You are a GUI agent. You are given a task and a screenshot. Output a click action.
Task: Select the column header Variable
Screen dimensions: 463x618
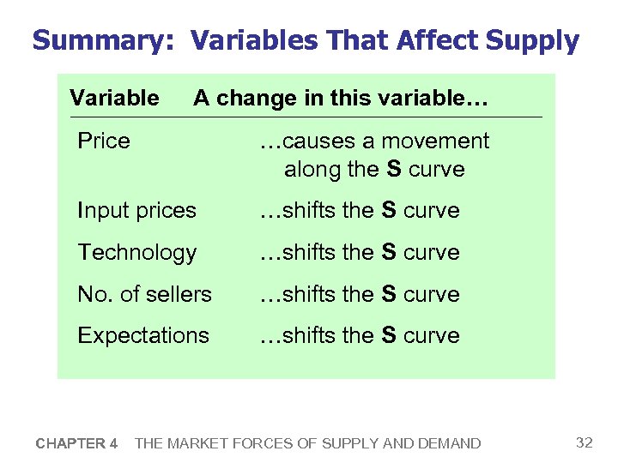[114, 98]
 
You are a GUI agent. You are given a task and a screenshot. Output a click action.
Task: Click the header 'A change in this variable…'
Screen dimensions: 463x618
[341, 98]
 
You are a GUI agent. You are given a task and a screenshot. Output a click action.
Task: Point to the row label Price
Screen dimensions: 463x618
[104, 141]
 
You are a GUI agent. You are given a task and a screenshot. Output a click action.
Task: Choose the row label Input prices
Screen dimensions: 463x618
[136, 210]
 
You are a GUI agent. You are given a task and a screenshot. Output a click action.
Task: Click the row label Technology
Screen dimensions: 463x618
[136, 252]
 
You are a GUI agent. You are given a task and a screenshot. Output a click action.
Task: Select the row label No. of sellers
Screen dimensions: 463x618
[144, 294]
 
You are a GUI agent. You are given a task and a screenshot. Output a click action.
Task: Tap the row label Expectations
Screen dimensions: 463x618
[143, 335]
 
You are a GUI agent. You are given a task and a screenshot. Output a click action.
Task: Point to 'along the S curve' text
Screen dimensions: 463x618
[374, 169]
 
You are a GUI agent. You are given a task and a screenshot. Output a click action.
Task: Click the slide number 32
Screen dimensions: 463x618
[584, 442]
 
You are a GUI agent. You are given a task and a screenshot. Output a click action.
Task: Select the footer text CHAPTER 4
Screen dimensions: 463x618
[77, 443]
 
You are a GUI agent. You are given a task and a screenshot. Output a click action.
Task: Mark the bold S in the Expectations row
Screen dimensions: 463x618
[388, 335]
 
